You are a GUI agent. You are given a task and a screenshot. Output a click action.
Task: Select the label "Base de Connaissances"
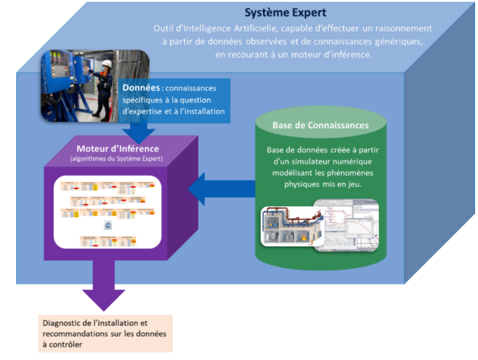320,125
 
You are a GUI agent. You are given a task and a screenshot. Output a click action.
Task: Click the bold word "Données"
141,88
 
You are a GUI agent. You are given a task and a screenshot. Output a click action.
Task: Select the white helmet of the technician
106,64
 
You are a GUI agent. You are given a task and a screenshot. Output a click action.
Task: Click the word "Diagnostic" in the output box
63,323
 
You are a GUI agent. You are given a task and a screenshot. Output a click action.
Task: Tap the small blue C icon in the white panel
108,226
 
